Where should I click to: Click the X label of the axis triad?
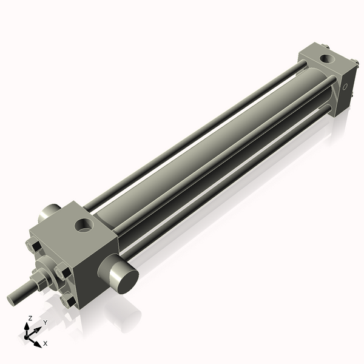point(45,344)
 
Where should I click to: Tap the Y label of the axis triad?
point(44,322)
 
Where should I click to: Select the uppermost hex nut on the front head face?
point(34,246)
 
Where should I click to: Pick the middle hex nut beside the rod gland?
point(61,271)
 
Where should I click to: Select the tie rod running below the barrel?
point(231,182)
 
